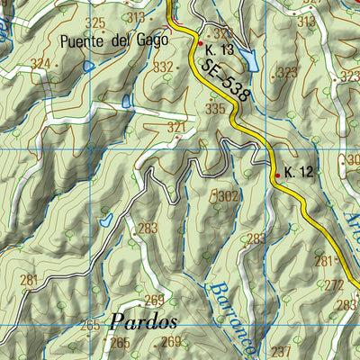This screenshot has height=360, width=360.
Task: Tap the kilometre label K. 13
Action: click(220, 49)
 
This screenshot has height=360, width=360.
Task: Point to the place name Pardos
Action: click(144, 321)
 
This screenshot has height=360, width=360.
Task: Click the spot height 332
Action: click(163, 67)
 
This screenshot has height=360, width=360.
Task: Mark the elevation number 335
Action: click(215, 109)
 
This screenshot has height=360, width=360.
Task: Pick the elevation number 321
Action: click(177, 129)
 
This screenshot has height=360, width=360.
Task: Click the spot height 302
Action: click(227, 195)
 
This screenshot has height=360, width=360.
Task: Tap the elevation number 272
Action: click(335, 284)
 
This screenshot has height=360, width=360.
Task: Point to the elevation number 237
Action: click(282, 351)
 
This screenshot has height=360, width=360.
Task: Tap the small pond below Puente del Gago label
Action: click(87, 66)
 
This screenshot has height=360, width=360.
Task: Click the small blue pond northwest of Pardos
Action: click(106, 219)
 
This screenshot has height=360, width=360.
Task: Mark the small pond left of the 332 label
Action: click(127, 101)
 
